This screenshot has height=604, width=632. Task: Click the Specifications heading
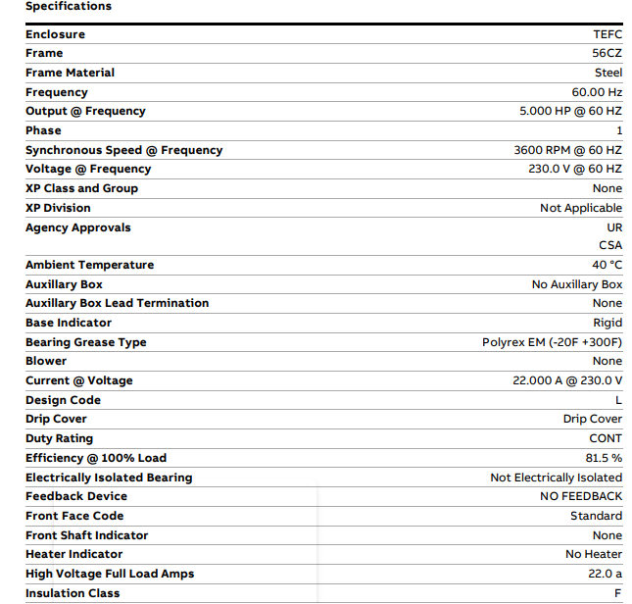tap(69, 6)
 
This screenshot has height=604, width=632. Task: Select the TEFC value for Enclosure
tap(607, 34)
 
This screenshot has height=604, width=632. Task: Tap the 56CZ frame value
tap(607, 53)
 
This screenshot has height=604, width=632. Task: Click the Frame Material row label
tap(70, 73)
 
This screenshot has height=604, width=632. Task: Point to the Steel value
tap(608, 73)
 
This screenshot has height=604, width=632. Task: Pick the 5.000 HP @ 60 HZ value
tap(570, 111)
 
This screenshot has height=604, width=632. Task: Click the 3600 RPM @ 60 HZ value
tap(567, 150)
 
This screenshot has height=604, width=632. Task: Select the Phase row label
tap(43, 130)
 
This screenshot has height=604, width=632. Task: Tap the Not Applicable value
tap(580, 208)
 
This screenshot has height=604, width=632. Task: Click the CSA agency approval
tap(610, 245)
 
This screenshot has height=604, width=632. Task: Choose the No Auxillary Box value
tap(576, 284)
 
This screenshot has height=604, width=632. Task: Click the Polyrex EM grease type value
tap(552, 342)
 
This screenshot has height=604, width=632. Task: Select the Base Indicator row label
tap(69, 323)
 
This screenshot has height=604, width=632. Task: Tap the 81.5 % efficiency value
tap(604, 458)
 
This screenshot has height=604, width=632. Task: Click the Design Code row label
tap(63, 400)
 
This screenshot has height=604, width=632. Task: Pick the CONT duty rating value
tap(606, 438)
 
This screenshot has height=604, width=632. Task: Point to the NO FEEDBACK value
tap(581, 496)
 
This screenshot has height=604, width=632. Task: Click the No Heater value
tap(594, 554)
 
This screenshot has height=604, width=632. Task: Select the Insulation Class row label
tap(73, 593)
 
